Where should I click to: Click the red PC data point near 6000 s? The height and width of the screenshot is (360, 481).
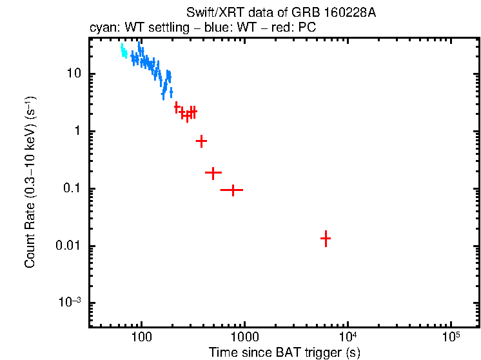tap(326, 238)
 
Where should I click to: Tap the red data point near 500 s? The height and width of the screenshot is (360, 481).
tap(213, 173)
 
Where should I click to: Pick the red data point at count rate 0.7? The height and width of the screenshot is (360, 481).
tap(201, 141)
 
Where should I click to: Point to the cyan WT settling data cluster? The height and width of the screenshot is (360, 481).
tap(123, 52)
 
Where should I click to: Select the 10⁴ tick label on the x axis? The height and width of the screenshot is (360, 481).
tap(348, 337)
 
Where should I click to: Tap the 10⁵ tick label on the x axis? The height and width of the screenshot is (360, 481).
tap(451, 337)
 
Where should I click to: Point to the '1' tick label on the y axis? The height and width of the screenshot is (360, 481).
tap(78, 131)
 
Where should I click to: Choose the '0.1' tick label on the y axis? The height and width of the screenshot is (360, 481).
tap(72, 188)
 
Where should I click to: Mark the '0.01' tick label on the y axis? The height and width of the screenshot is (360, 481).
tap(69, 246)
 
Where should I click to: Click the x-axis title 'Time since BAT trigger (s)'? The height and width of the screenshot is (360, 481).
tap(284, 352)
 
